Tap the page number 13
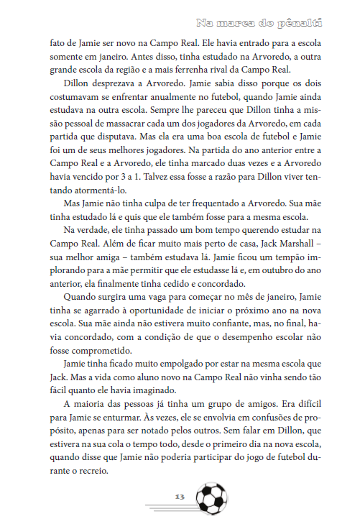(x=180, y=496)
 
